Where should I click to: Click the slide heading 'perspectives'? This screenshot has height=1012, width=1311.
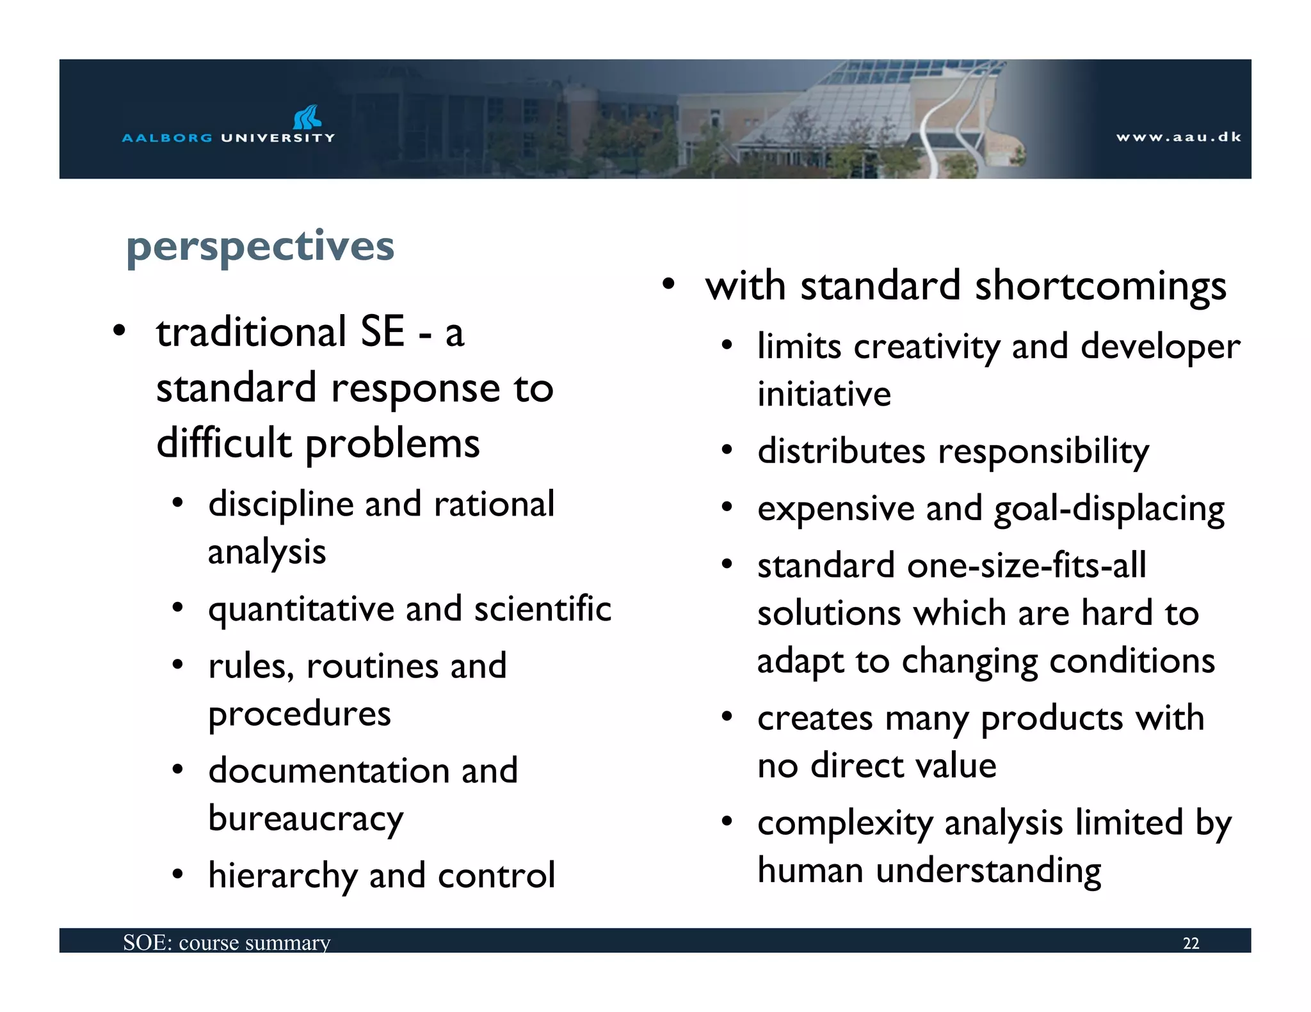coord(260,247)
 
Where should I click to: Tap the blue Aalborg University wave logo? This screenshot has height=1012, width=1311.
coord(307,117)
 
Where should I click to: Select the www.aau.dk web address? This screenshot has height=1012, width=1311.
coord(1178,137)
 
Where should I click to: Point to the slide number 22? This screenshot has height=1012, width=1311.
coord(1191,944)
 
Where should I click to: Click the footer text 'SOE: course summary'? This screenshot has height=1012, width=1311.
coord(227,942)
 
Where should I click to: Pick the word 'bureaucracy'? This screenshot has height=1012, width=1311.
coord(306,818)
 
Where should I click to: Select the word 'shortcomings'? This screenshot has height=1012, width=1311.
coord(1100,286)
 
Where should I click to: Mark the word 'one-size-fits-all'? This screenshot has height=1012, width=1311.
coord(1026,565)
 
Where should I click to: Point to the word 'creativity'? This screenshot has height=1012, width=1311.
coord(926,347)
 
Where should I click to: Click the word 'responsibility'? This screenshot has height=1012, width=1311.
coord(1043,452)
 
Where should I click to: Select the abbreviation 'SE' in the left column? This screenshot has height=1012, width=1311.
coord(382,332)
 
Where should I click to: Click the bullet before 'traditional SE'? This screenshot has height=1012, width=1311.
coord(118,331)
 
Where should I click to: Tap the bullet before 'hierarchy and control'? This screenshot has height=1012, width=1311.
coord(178,874)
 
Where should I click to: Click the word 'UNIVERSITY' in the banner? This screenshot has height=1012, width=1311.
coord(278,138)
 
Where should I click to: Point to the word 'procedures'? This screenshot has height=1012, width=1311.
coord(300,715)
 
